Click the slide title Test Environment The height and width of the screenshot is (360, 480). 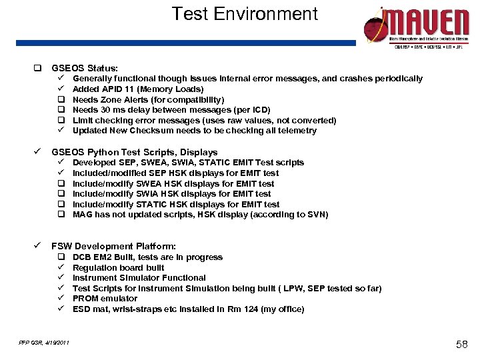(x=245, y=14)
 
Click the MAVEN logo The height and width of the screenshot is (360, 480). (x=417, y=27)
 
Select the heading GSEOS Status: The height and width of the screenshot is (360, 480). (x=85, y=68)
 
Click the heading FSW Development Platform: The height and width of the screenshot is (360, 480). (x=113, y=246)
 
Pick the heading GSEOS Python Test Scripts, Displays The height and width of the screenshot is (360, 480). (x=134, y=152)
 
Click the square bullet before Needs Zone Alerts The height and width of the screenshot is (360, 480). (x=60, y=100)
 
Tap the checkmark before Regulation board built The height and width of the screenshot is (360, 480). (x=60, y=267)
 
